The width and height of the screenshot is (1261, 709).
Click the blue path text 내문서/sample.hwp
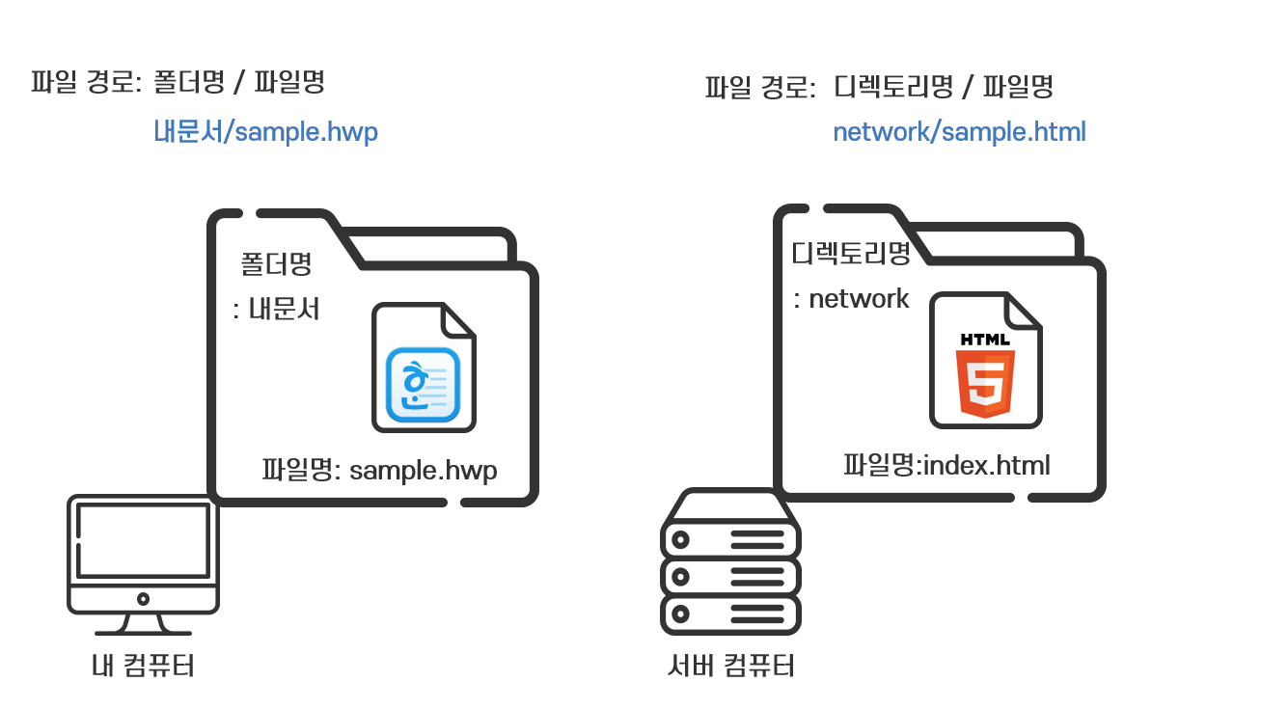pos(265,132)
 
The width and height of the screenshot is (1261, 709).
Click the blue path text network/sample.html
pos(959,132)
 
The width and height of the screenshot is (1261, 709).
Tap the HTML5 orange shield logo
pos(985,383)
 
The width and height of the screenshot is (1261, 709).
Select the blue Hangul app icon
pos(424,385)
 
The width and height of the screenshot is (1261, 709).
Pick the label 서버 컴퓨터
pos(731,666)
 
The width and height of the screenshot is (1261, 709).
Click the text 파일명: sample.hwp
pos(379,471)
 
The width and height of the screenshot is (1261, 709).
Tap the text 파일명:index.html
pos(946,466)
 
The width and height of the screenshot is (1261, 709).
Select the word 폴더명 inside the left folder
pos(276,263)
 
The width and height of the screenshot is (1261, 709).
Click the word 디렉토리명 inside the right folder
pos(851,254)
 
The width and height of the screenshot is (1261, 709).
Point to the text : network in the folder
pos(851,299)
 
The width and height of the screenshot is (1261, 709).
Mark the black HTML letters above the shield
pos(985,340)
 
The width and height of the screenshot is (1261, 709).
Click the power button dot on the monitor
pos(143,598)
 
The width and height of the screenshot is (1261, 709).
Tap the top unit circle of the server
pos(680,539)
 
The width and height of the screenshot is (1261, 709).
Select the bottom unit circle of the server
pos(680,613)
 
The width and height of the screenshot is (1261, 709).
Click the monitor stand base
pos(143,632)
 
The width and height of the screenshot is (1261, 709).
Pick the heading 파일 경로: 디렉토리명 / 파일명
pos(879,88)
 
